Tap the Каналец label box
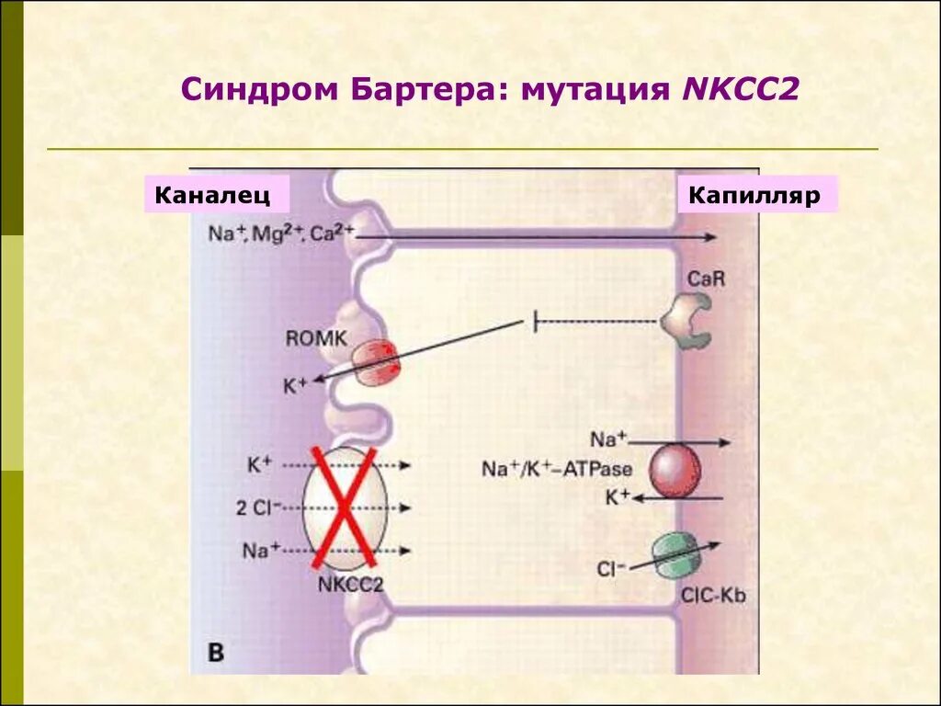(x=216, y=195)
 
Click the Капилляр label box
(x=757, y=195)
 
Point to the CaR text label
(x=706, y=277)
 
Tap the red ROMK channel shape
(x=374, y=360)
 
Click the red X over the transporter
(x=346, y=507)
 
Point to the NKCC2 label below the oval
(x=350, y=584)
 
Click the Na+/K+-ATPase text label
(x=557, y=469)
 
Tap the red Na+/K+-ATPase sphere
(x=675, y=470)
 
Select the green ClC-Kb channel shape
(x=675, y=554)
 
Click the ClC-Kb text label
(x=713, y=595)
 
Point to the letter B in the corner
(x=216, y=653)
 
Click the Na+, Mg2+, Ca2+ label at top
(x=280, y=233)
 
